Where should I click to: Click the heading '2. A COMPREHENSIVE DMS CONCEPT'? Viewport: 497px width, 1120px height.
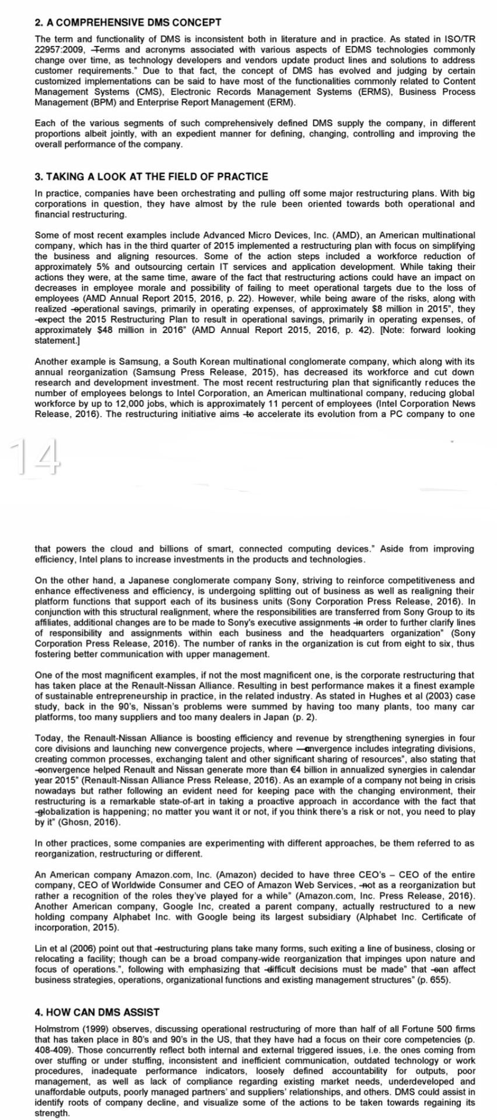(128, 23)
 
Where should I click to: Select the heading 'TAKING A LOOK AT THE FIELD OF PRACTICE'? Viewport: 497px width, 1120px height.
(157, 177)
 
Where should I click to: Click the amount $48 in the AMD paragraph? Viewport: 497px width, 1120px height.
(104, 330)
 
